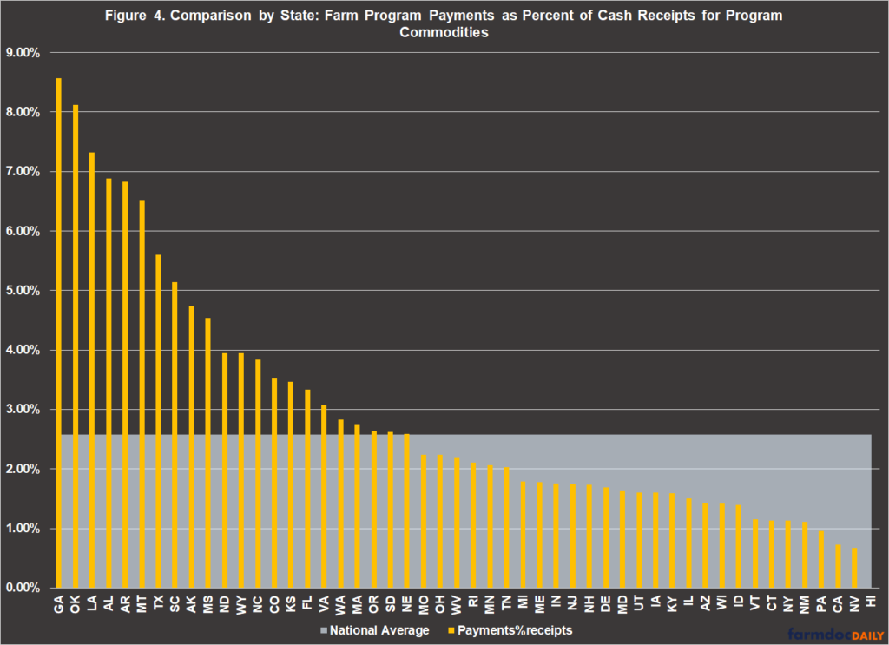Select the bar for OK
76,346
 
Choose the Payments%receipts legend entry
509,630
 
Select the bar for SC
175,435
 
